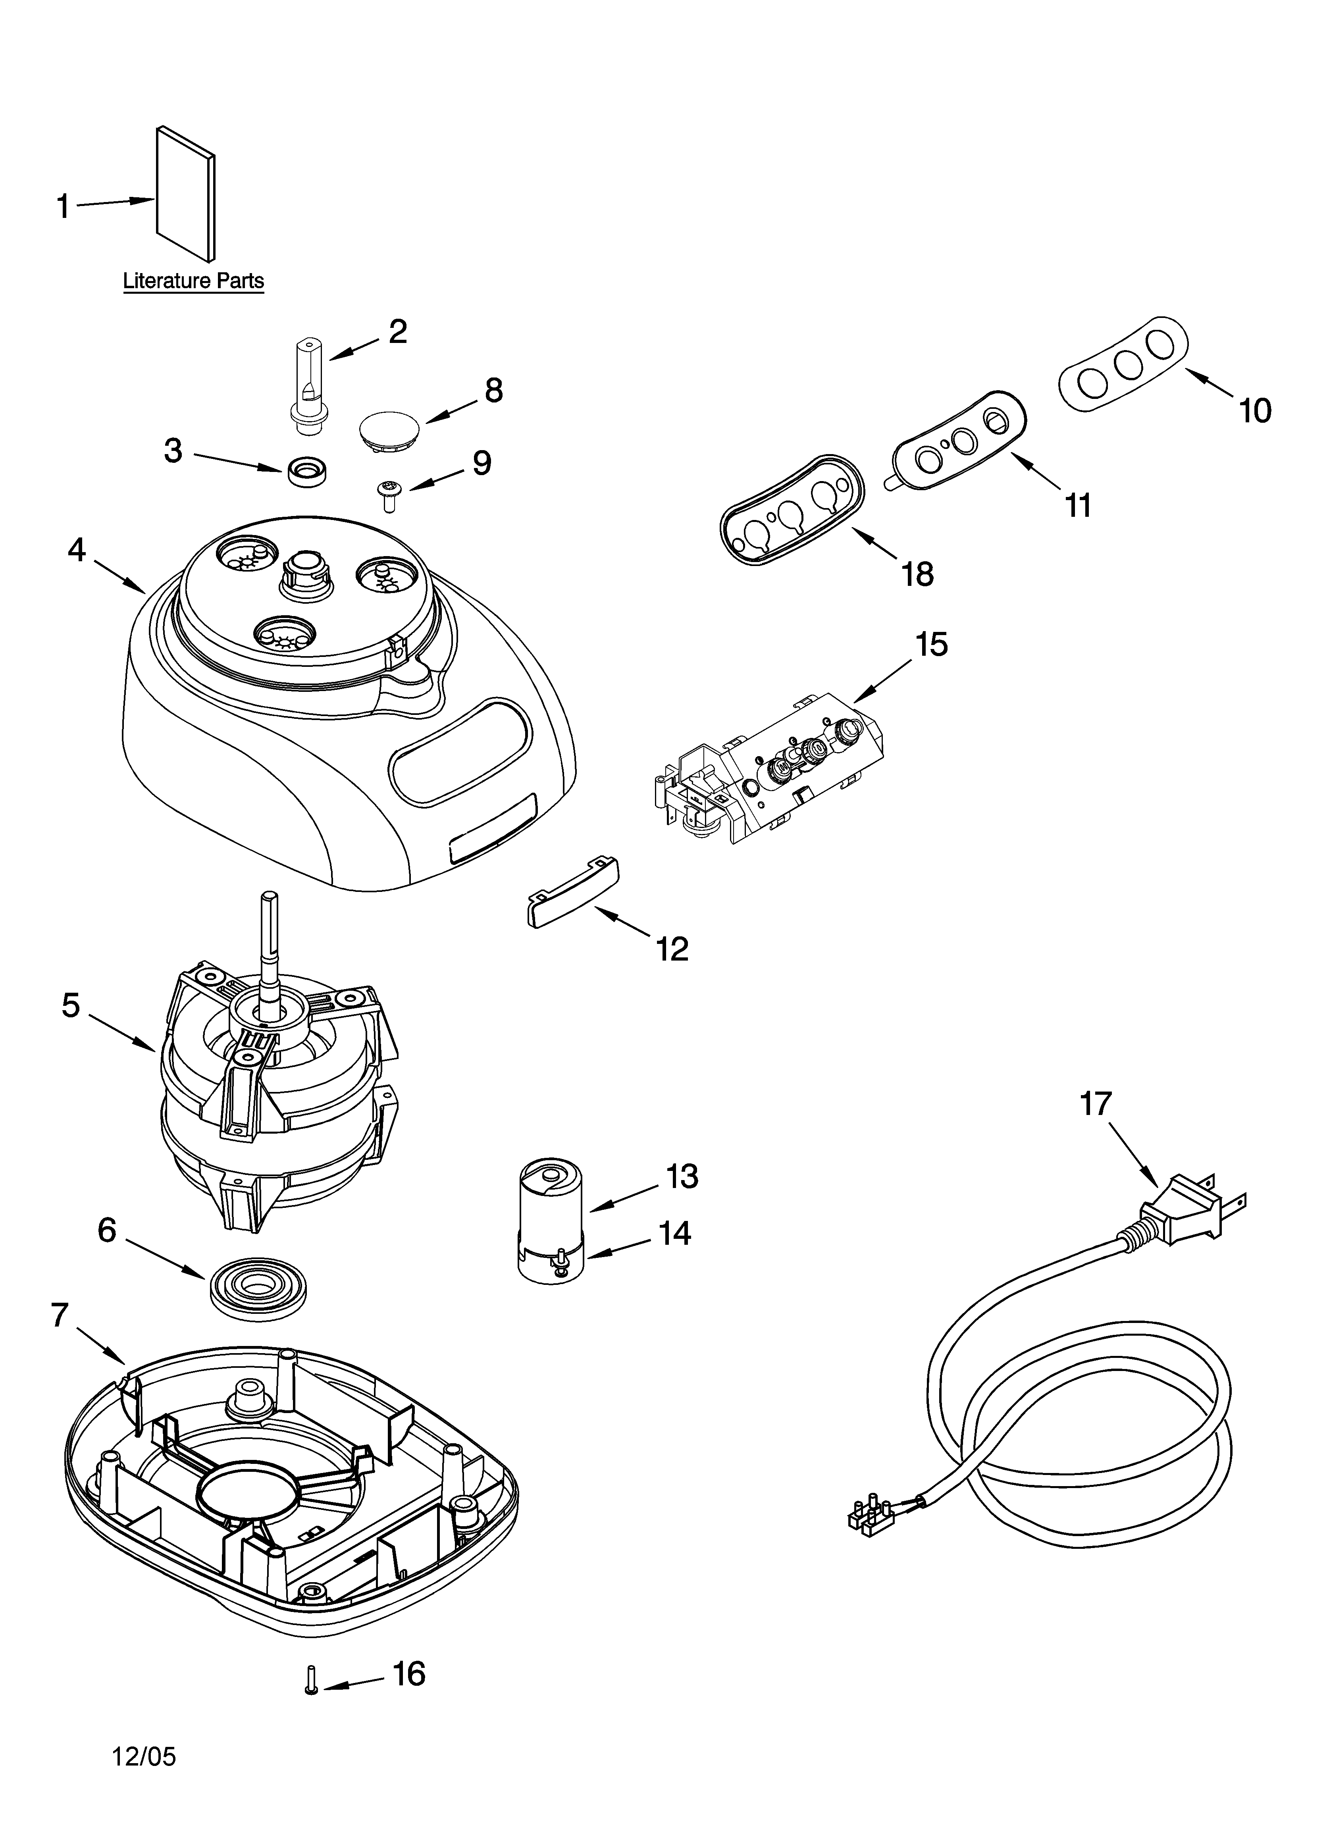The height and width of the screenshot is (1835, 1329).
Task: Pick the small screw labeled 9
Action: [x=388, y=493]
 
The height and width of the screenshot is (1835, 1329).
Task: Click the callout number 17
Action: [x=1096, y=1103]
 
